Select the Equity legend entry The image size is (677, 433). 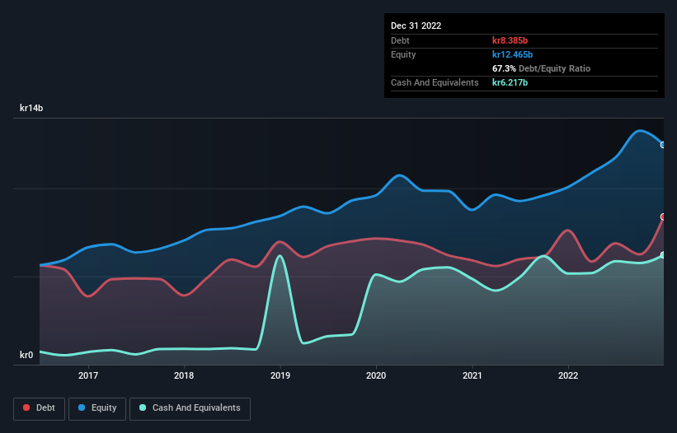point(97,407)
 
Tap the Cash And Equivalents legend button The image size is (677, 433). point(190,407)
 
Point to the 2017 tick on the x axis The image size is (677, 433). point(88,375)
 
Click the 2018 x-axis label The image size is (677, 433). point(184,375)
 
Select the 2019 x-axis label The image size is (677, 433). point(280,375)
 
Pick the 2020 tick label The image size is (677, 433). point(376,375)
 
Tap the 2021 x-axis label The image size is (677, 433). point(472,375)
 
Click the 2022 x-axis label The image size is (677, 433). point(568,375)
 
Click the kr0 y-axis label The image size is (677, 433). point(27,355)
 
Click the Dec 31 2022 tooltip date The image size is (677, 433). point(416,26)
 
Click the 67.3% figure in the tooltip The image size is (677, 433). point(505,68)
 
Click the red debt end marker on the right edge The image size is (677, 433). point(663,216)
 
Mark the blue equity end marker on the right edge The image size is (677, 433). point(663,145)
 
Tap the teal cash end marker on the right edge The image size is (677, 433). point(663,255)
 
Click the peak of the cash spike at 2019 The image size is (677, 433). point(280,256)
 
